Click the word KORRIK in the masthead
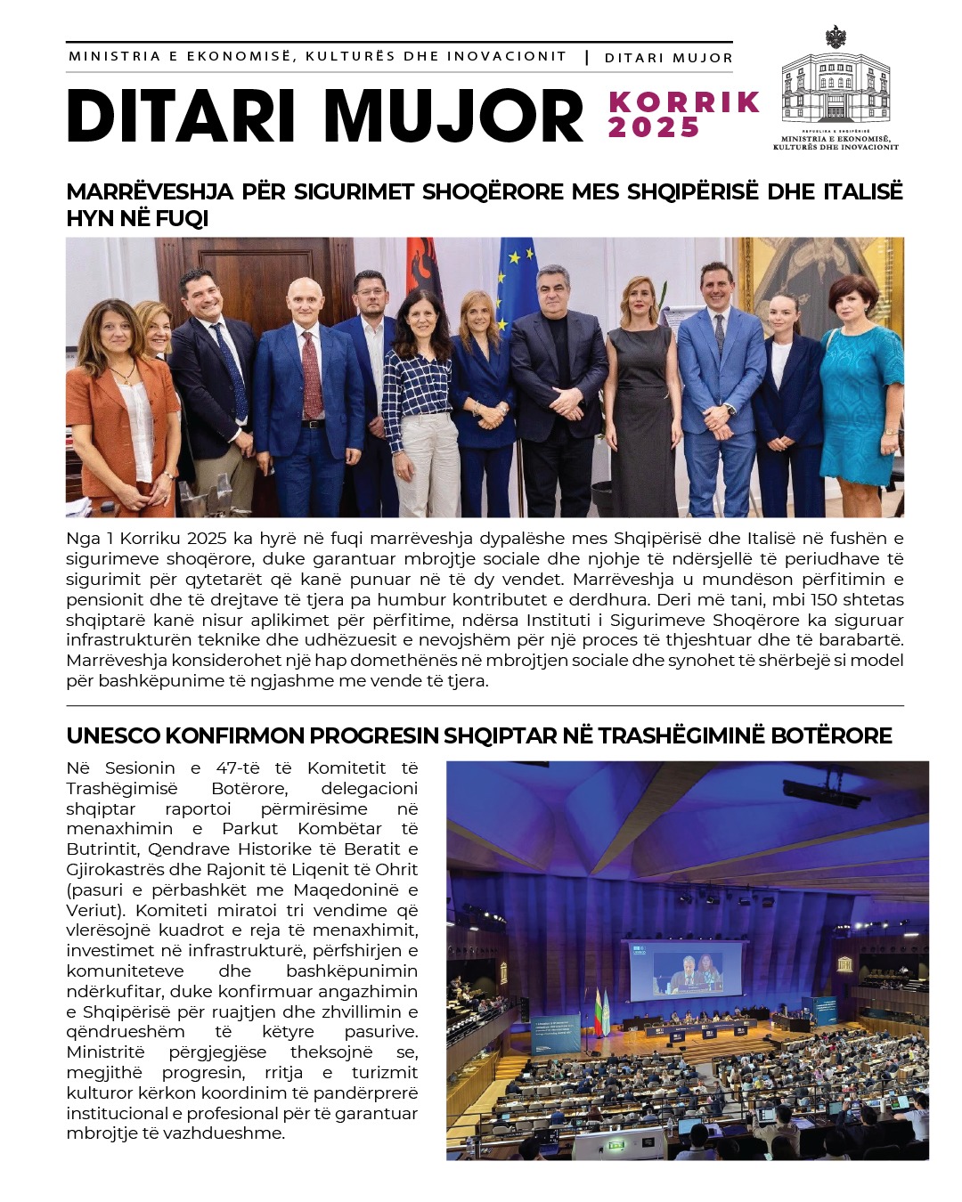684,102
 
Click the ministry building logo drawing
835,86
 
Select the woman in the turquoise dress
860,392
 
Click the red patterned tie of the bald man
311,374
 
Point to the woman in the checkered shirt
419,392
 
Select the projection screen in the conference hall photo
686,971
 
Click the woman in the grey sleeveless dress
642,392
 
